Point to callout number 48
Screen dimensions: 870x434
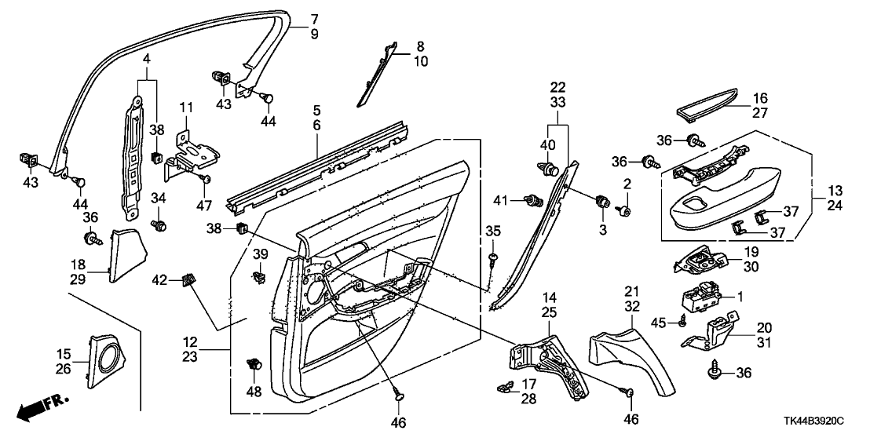tap(254, 392)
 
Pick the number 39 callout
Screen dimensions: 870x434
tap(260, 253)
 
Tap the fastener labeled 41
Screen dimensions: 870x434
tap(533, 199)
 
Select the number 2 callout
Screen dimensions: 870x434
tap(627, 183)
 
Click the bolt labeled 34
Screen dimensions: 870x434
tap(158, 225)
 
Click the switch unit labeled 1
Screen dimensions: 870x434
tap(701, 296)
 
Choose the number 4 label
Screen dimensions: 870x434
tap(147, 58)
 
